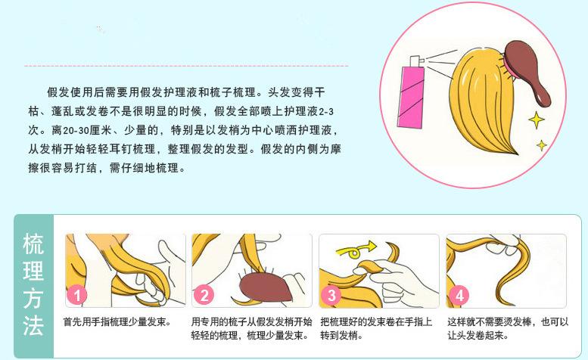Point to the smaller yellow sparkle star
pos(542,144)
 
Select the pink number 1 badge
pos(77,295)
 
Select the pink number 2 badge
pos(204,295)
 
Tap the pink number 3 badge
pos(331,295)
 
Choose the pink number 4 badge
pos(459,295)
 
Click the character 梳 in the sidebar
pos(33,245)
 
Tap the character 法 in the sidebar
pos(33,327)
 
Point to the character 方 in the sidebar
pos(33,299)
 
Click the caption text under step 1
pos(117,321)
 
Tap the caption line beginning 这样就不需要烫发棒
pos(507,321)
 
